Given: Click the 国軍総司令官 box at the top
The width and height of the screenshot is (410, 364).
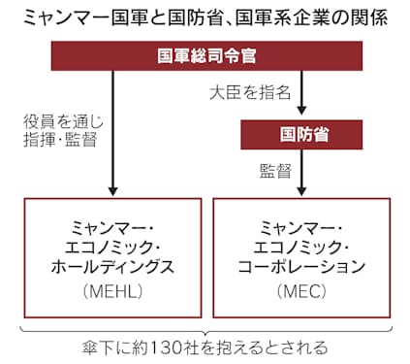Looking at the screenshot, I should [205, 57].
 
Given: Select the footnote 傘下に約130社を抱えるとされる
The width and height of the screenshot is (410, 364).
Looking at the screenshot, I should [205, 347].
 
